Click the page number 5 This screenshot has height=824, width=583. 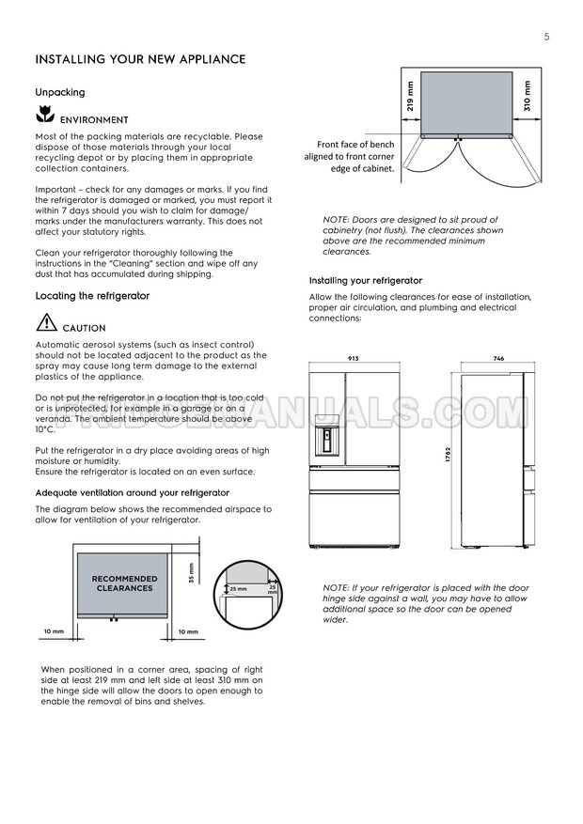(x=546, y=37)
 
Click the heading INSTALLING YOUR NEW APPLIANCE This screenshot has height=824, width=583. (x=140, y=60)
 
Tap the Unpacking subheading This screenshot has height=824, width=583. (x=60, y=92)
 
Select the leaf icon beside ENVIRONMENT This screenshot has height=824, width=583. (x=43, y=117)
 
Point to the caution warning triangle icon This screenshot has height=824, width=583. (x=46, y=324)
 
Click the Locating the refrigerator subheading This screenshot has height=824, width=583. (x=92, y=296)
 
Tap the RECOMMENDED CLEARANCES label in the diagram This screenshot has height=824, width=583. (x=124, y=583)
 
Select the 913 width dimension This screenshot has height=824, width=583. (x=353, y=359)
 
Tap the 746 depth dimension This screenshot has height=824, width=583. (x=498, y=359)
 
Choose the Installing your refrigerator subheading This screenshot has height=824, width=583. (x=366, y=281)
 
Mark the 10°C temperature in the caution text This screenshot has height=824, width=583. (x=45, y=429)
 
